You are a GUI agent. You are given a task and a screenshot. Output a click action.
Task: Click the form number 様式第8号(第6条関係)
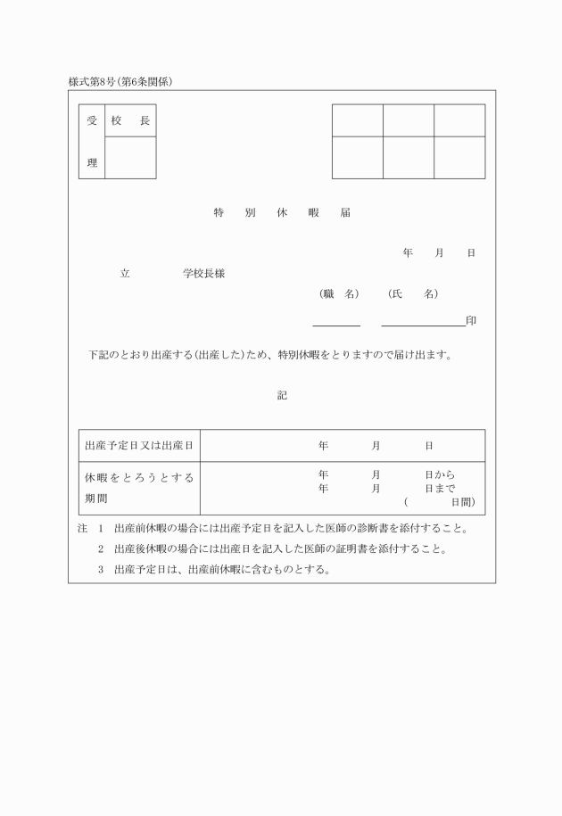120,82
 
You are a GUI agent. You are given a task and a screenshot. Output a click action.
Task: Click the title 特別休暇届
282,213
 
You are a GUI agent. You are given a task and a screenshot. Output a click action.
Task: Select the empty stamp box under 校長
130,158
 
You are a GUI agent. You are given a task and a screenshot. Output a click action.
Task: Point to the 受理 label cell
92,142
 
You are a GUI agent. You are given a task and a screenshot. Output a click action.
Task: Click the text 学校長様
204,274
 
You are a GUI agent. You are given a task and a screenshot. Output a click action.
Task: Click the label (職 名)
339,294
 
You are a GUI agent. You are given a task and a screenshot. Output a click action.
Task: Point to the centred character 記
282,395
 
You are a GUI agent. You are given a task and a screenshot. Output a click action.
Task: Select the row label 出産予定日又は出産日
139,445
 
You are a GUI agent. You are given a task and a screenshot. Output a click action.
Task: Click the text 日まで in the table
440,489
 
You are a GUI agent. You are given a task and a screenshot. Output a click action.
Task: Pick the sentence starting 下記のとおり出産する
270,355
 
